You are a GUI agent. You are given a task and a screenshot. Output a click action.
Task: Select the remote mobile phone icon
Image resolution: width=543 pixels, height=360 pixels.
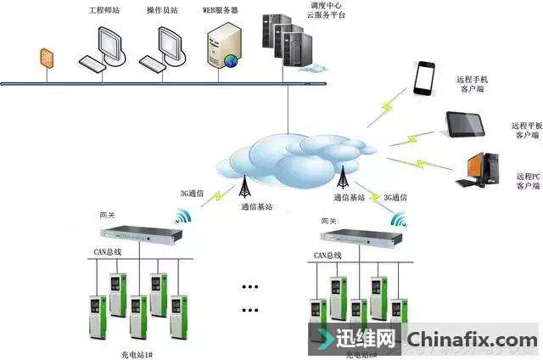pyautogui.click(x=424, y=79)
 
